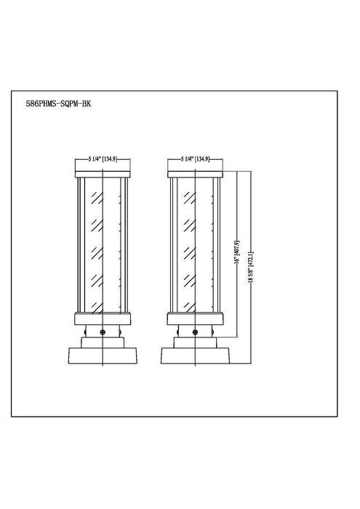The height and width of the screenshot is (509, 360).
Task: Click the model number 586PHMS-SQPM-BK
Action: pos(58,104)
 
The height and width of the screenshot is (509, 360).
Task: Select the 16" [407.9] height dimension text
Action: pos(236,252)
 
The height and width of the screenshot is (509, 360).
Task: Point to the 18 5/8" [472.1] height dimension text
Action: pos(250,267)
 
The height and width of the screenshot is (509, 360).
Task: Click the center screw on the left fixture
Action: pos(103,332)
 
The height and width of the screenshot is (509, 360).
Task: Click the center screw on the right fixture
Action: pos(195,332)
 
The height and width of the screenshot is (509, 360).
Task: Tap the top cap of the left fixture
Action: pos(103,175)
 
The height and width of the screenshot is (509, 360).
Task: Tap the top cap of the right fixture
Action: pos(195,175)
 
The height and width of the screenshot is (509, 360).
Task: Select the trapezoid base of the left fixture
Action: pos(103,356)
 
